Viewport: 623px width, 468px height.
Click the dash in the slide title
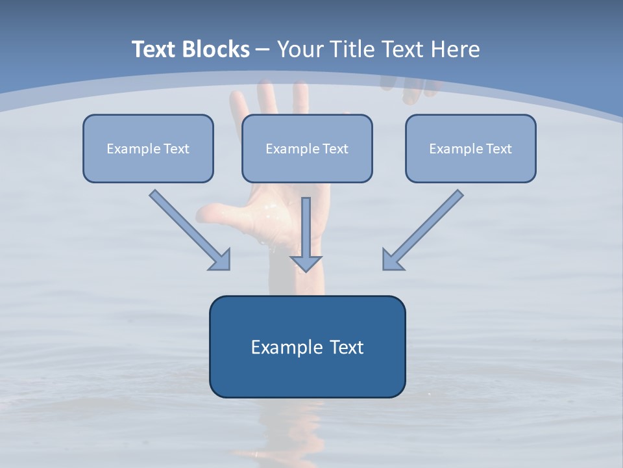pyautogui.click(x=263, y=50)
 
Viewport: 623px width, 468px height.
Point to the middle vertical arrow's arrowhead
pyautogui.click(x=306, y=263)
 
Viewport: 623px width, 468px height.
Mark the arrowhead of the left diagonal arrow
pyautogui.click(x=221, y=260)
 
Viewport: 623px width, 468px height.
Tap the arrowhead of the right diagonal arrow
pyautogui.click(x=392, y=260)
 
